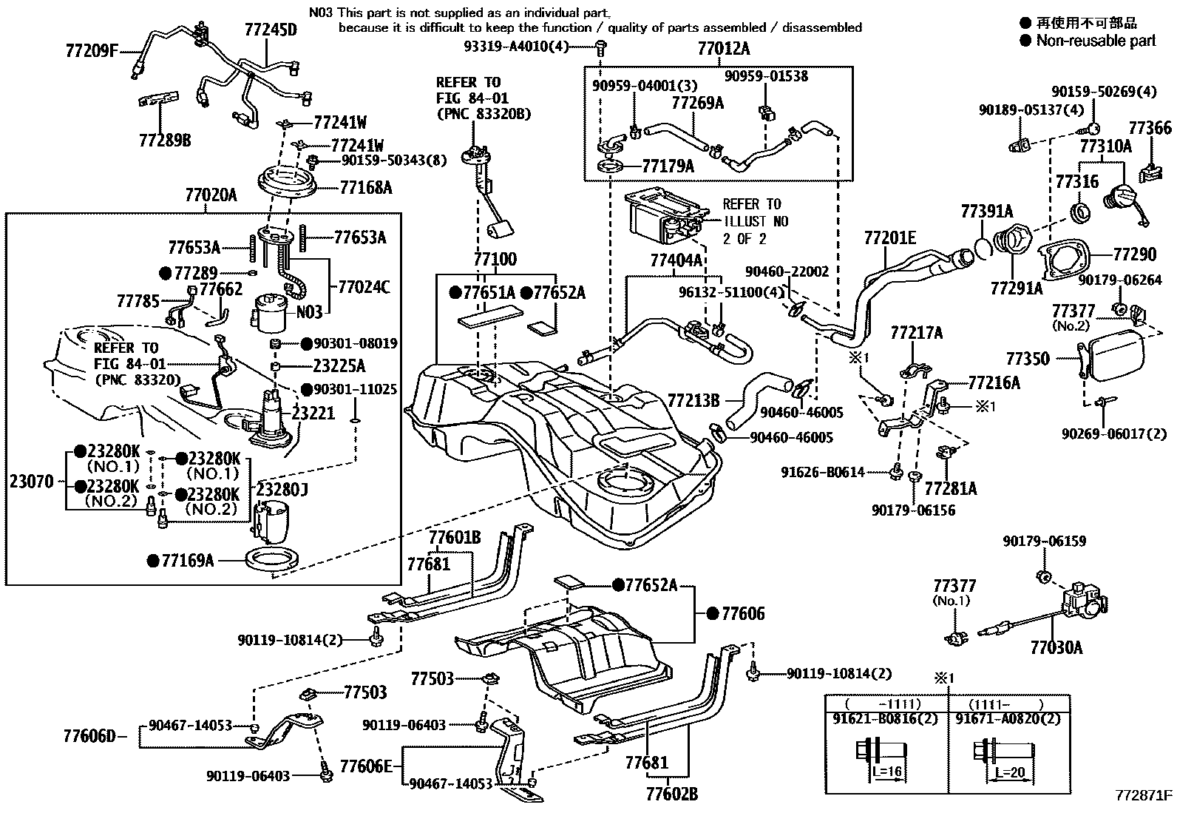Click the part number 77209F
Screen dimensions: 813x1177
92,52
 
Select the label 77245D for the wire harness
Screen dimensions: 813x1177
271,30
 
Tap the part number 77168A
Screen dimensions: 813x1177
366,188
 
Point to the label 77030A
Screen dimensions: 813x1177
1056,648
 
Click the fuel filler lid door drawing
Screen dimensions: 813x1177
1116,358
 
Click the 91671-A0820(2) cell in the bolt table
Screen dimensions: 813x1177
1007,718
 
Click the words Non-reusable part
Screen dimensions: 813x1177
1096,41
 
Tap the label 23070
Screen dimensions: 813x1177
32,482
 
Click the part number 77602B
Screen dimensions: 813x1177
671,795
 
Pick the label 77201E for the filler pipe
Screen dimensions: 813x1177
889,237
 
